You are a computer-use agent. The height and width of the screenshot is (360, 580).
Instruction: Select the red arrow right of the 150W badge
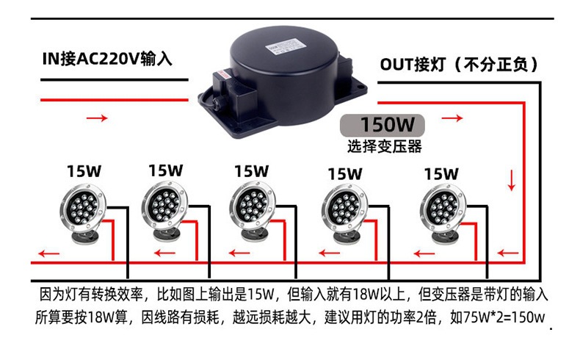pyautogui.click(x=452, y=118)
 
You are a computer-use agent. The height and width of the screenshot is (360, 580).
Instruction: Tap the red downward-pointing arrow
pyautogui.click(x=512, y=179)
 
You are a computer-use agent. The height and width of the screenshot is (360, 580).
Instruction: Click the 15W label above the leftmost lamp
pyautogui.click(x=84, y=171)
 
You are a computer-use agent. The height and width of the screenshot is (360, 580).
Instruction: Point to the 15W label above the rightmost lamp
pyautogui.click(x=441, y=174)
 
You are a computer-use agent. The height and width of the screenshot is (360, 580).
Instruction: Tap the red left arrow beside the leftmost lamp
pyautogui.click(x=49, y=254)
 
